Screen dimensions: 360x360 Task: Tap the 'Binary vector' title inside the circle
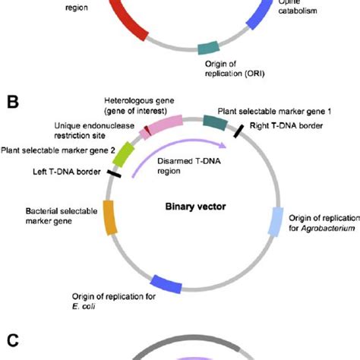[x=190, y=205]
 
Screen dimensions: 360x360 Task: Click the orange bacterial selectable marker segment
[x=109, y=217]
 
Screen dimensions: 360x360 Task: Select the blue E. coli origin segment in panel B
[x=166, y=283]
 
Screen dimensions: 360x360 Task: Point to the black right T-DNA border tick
[x=239, y=131]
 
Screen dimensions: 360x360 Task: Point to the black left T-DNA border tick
[x=115, y=174]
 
